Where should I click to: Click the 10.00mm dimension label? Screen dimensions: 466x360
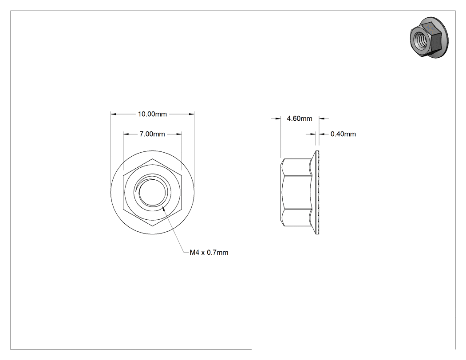[152, 114]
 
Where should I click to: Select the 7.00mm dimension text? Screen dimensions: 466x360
[152, 134]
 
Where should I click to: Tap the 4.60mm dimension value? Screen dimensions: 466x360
[299, 119]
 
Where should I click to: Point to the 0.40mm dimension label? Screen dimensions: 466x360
[343, 134]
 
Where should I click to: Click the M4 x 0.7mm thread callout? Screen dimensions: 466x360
[209, 253]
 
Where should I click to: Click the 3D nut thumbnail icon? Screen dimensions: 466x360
[429, 37]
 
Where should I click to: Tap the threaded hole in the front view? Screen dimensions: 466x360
[152, 192]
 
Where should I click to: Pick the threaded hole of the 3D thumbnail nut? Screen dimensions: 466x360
[419, 39]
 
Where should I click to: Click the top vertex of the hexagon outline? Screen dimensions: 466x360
[153, 159]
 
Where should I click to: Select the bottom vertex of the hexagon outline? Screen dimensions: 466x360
[153, 226]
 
